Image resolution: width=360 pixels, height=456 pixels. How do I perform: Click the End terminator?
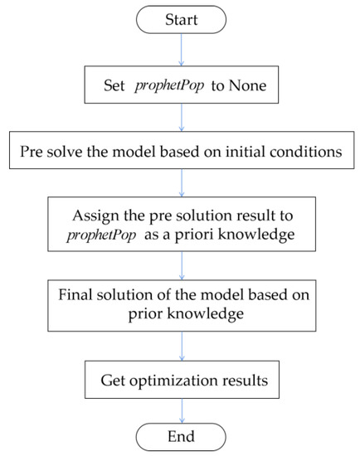pyautogui.click(x=181, y=435)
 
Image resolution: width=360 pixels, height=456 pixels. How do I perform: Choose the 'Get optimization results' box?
pyautogui.click(x=181, y=381)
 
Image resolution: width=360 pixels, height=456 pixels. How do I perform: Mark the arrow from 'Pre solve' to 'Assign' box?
pyautogui.click(x=181, y=187)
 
